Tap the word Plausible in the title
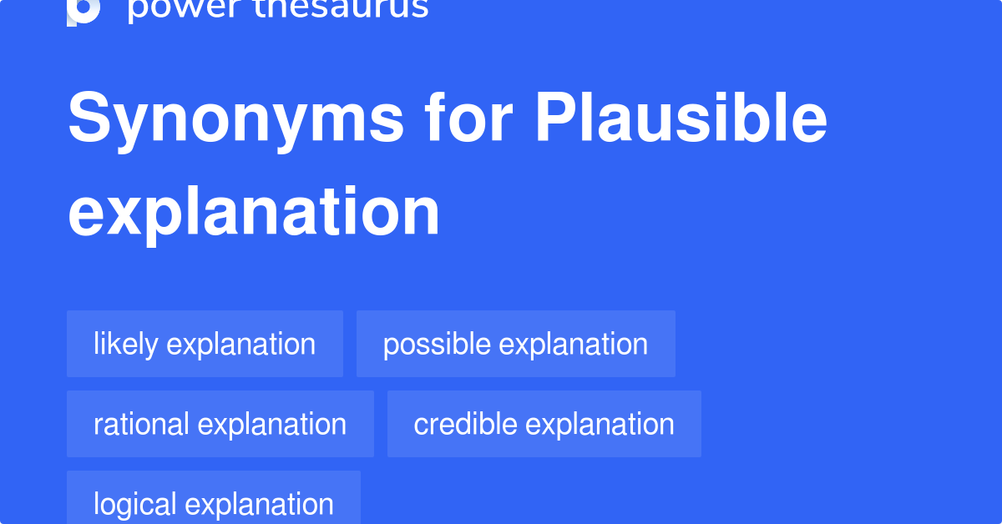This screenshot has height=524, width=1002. [x=681, y=119]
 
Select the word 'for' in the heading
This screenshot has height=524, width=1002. [x=468, y=119]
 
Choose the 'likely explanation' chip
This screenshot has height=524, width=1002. [x=205, y=344]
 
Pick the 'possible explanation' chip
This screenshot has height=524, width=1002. [x=515, y=344]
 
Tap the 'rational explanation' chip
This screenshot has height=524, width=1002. [x=220, y=424]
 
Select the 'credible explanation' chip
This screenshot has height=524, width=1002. [x=544, y=424]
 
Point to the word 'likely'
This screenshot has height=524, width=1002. [x=126, y=344]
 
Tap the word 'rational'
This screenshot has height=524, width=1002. [x=141, y=424]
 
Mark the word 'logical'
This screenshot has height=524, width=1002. [x=134, y=504]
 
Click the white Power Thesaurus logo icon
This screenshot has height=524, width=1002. [x=83, y=10]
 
